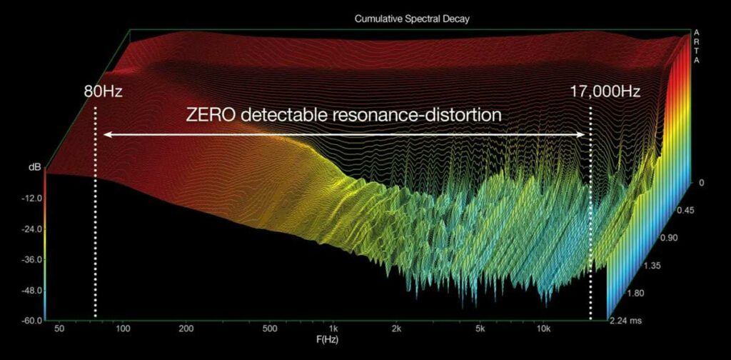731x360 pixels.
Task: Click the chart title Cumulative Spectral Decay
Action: coord(411,19)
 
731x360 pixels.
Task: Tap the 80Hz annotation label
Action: coord(103,91)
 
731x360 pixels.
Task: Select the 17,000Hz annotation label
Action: coord(605,91)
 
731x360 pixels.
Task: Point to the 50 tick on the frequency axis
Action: coord(59,329)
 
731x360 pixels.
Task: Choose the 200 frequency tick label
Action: coord(186,329)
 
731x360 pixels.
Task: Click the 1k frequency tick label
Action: coord(333,329)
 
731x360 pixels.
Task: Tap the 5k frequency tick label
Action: coord(480,329)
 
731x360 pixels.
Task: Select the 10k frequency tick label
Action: coord(544,329)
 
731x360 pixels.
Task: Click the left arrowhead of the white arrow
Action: coord(107,135)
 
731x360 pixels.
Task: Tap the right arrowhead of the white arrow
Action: coord(581,135)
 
